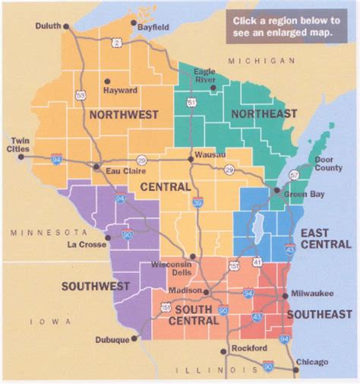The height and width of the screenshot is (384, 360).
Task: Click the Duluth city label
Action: point(47,26)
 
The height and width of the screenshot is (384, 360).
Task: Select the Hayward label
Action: point(120,90)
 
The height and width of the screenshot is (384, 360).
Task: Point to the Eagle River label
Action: point(204,76)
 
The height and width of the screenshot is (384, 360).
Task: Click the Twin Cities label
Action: point(18,145)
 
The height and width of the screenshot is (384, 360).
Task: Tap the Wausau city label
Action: point(210,154)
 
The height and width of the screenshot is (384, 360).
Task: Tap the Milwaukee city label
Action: point(313,294)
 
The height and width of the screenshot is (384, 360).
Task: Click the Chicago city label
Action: point(311,362)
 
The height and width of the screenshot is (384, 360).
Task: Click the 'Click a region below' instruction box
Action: point(286,27)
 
